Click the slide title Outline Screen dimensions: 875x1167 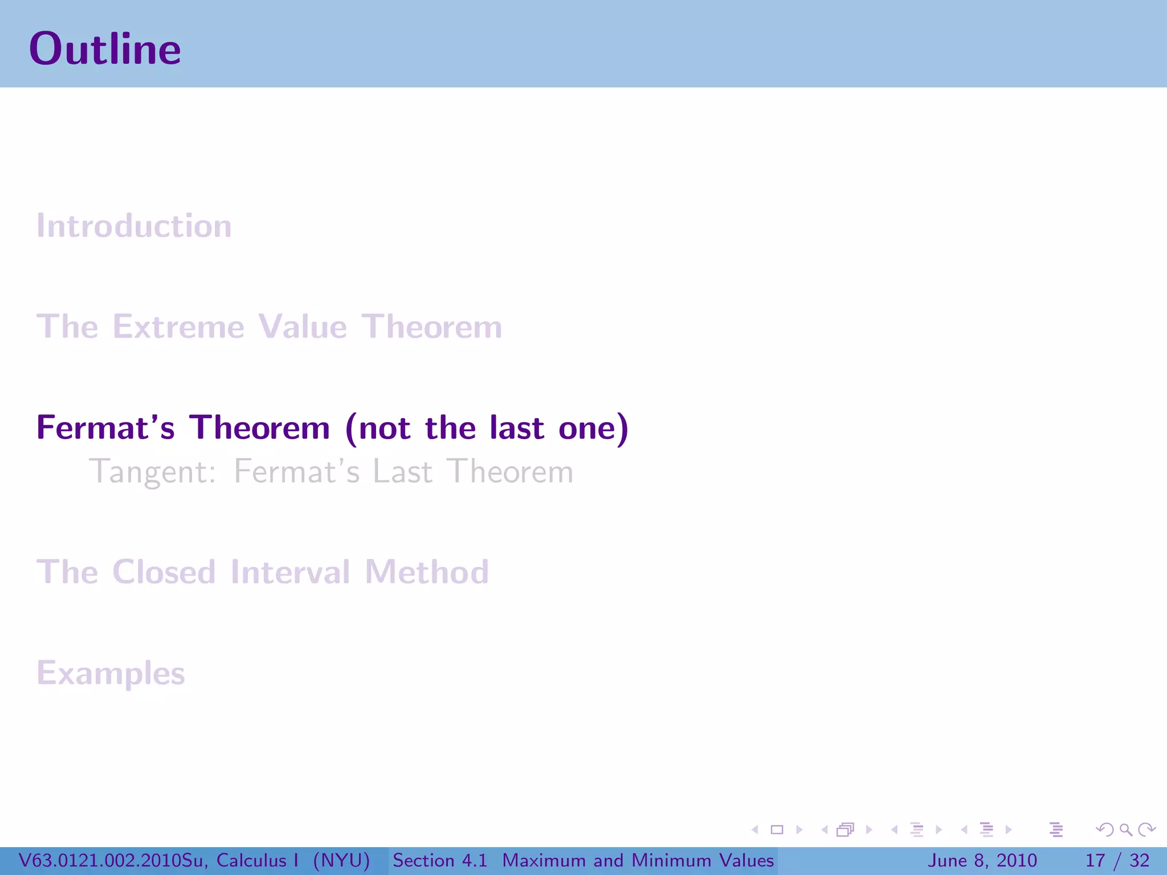[105, 49]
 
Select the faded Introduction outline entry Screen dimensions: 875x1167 [134, 226]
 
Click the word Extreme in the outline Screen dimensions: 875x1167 [178, 327]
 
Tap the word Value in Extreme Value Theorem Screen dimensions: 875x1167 [302, 327]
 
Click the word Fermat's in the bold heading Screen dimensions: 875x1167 [105, 428]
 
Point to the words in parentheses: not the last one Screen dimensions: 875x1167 [487, 428]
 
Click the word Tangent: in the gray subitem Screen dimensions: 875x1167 [153, 472]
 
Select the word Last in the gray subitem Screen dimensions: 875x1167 [402, 472]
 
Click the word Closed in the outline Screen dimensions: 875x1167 [164, 572]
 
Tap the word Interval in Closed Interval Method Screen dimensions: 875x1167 [290, 572]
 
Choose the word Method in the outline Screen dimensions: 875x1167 [427, 572]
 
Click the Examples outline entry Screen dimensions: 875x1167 [111, 673]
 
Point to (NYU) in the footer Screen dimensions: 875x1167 [341, 860]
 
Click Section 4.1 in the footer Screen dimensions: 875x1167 [440, 860]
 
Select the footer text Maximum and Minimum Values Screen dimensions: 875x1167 [638, 860]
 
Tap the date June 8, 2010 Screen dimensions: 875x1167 [982, 860]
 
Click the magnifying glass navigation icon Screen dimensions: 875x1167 [1125, 830]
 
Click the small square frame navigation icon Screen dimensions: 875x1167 [777, 830]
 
